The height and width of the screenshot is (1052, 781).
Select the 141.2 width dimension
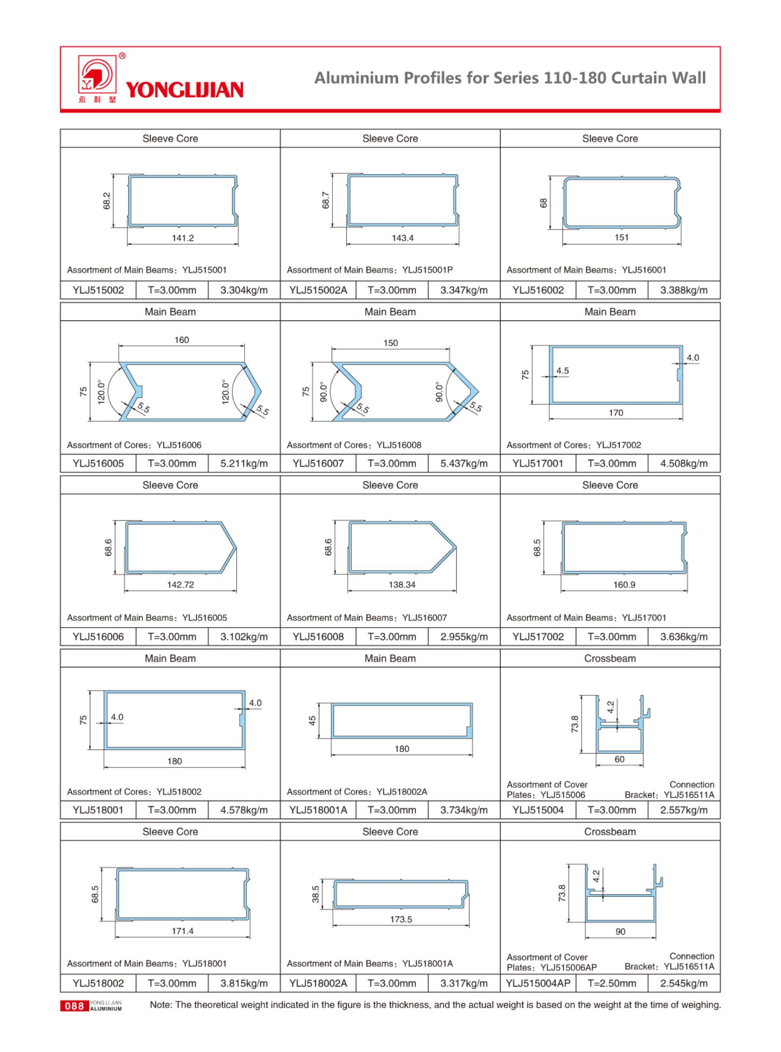[x=182, y=238]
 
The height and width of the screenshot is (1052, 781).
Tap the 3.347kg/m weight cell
[x=463, y=290]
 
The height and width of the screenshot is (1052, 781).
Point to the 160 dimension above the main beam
[x=181, y=340]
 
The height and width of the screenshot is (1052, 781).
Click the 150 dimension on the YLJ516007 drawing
[x=390, y=342]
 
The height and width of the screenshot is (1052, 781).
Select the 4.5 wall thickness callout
[x=563, y=371]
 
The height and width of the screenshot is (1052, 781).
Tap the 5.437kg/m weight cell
[x=463, y=463]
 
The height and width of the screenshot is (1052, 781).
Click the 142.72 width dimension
[x=180, y=584]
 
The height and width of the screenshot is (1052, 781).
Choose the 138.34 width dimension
[x=402, y=584]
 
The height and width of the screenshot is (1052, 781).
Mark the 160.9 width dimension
[x=624, y=584]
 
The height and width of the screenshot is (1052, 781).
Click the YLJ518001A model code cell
[x=318, y=810]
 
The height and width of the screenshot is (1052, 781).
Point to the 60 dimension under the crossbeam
[x=619, y=759]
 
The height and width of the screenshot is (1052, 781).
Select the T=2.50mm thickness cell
[x=611, y=983]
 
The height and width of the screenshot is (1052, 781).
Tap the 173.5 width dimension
[x=401, y=919]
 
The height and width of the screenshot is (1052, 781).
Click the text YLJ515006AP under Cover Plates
[x=568, y=967]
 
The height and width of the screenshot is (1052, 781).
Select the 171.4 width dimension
[x=182, y=931]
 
